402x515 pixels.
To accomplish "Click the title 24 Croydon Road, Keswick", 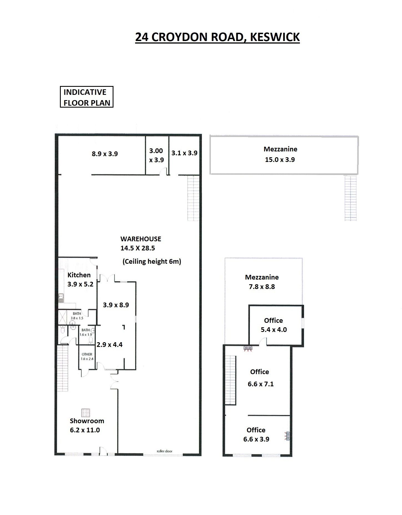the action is click(x=217, y=37).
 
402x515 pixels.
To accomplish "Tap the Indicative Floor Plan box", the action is click(x=87, y=97).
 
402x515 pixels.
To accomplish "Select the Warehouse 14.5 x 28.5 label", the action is click(x=141, y=243).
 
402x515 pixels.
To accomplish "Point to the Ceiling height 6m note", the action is click(x=152, y=262).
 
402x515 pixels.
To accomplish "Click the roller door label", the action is click(x=165, y=451).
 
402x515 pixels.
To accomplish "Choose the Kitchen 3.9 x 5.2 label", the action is click(x=80, y=280).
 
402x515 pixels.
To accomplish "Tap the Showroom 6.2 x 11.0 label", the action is click(x=87, y=425).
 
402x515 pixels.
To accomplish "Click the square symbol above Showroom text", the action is click(x=86, y=413).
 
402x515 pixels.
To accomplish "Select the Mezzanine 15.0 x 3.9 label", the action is click(x=280, y=154).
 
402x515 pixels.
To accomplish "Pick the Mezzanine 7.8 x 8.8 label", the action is click(x=262, y=282).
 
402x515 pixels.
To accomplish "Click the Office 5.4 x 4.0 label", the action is click(x=274, y=325).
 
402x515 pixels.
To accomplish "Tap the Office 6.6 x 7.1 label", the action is click(x=260, y=378).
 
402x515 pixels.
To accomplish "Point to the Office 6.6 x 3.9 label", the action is click(x=256, y=435).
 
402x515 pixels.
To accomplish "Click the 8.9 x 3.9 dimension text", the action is click(x=105, y=154).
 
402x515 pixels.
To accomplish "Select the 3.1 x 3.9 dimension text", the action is click(x=184, y=153).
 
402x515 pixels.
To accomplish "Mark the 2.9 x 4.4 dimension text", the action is click(x=110, y=344).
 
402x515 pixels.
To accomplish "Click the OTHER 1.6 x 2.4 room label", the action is click(x=87, y=356).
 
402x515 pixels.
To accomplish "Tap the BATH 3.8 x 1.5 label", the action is click(x=77, y=316).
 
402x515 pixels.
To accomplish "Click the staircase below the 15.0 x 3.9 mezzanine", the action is click(x=350, y=198).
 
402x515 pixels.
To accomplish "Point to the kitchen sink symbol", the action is click(x=61, y=298).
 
